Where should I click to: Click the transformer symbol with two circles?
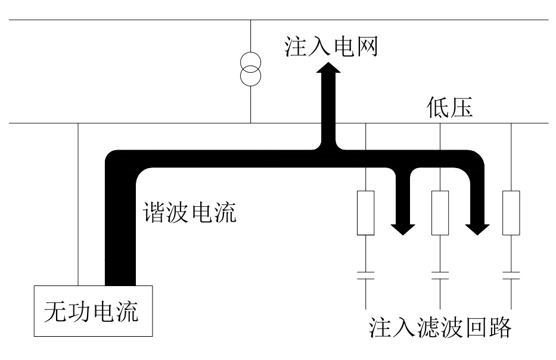(x=251, y=70)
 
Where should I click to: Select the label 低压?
(x=450, y=108)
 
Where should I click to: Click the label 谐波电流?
(x=189, y=212)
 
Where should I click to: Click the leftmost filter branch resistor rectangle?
(x=365, y=213)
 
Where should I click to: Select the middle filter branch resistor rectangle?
(x=440, y=213)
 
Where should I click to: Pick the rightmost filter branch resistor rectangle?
(x=511, y=213)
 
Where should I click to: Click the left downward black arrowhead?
(x=403, y=226)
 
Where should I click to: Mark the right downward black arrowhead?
(x=478, y=226)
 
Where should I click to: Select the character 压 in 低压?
(x=462, y=108)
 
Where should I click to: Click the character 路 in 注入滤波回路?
(x=498, y=328)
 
